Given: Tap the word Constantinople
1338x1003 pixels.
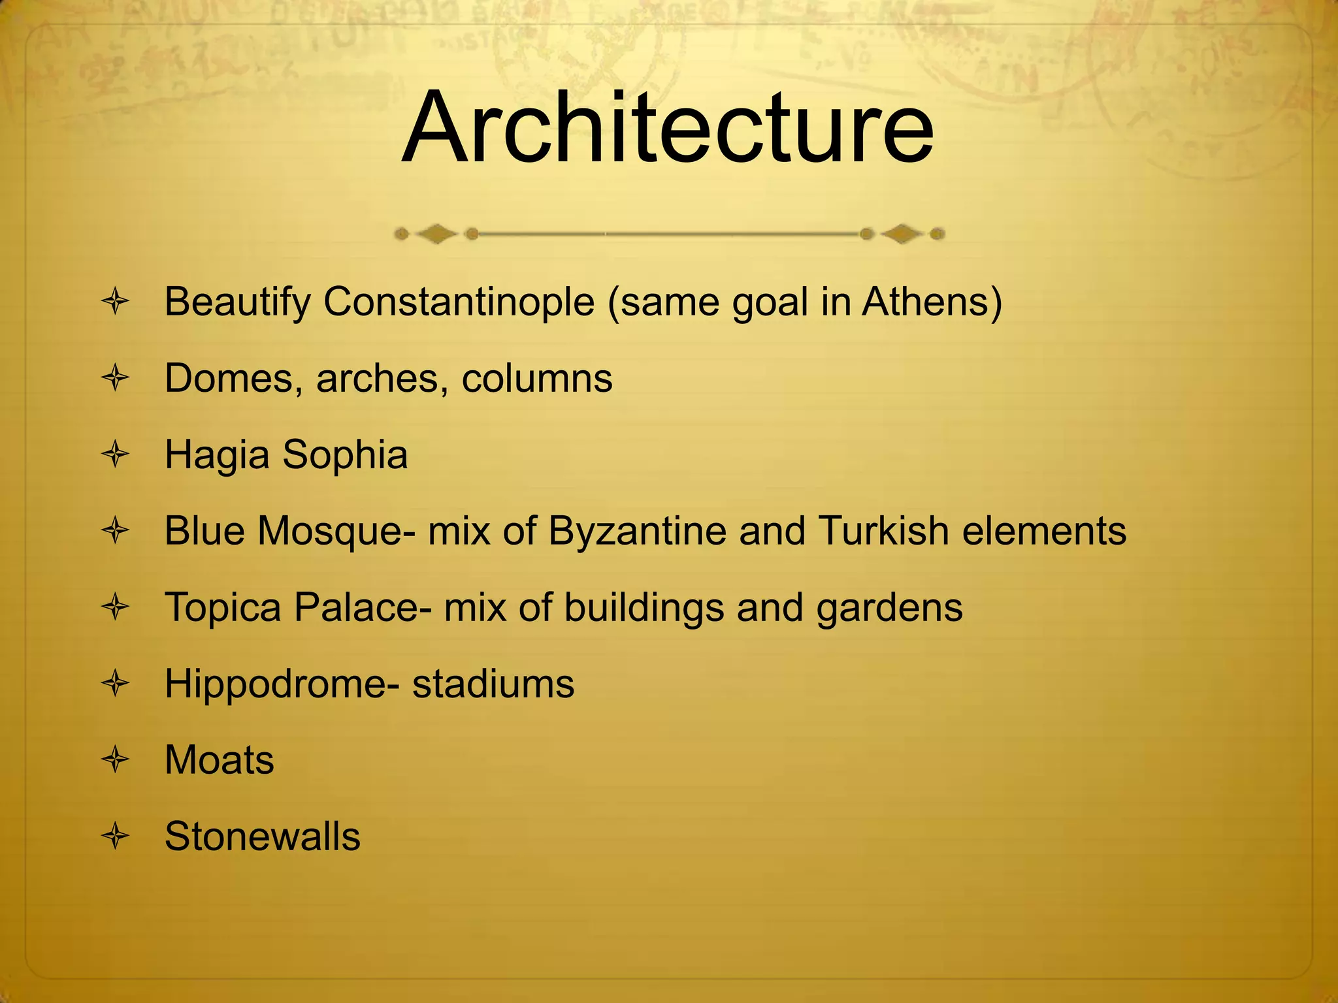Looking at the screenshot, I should point(458,302).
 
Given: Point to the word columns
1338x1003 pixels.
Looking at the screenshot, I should point(537,379).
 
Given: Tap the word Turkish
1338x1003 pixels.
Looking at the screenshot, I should point(883,531).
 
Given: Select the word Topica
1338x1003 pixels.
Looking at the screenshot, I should point(223,608).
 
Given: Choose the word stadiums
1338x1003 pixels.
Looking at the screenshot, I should point(493,684).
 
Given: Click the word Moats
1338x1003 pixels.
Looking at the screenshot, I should point(220,760).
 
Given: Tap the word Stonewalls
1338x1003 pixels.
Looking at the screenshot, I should point(262,836).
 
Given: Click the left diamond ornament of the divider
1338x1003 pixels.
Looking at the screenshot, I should point(436,234).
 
